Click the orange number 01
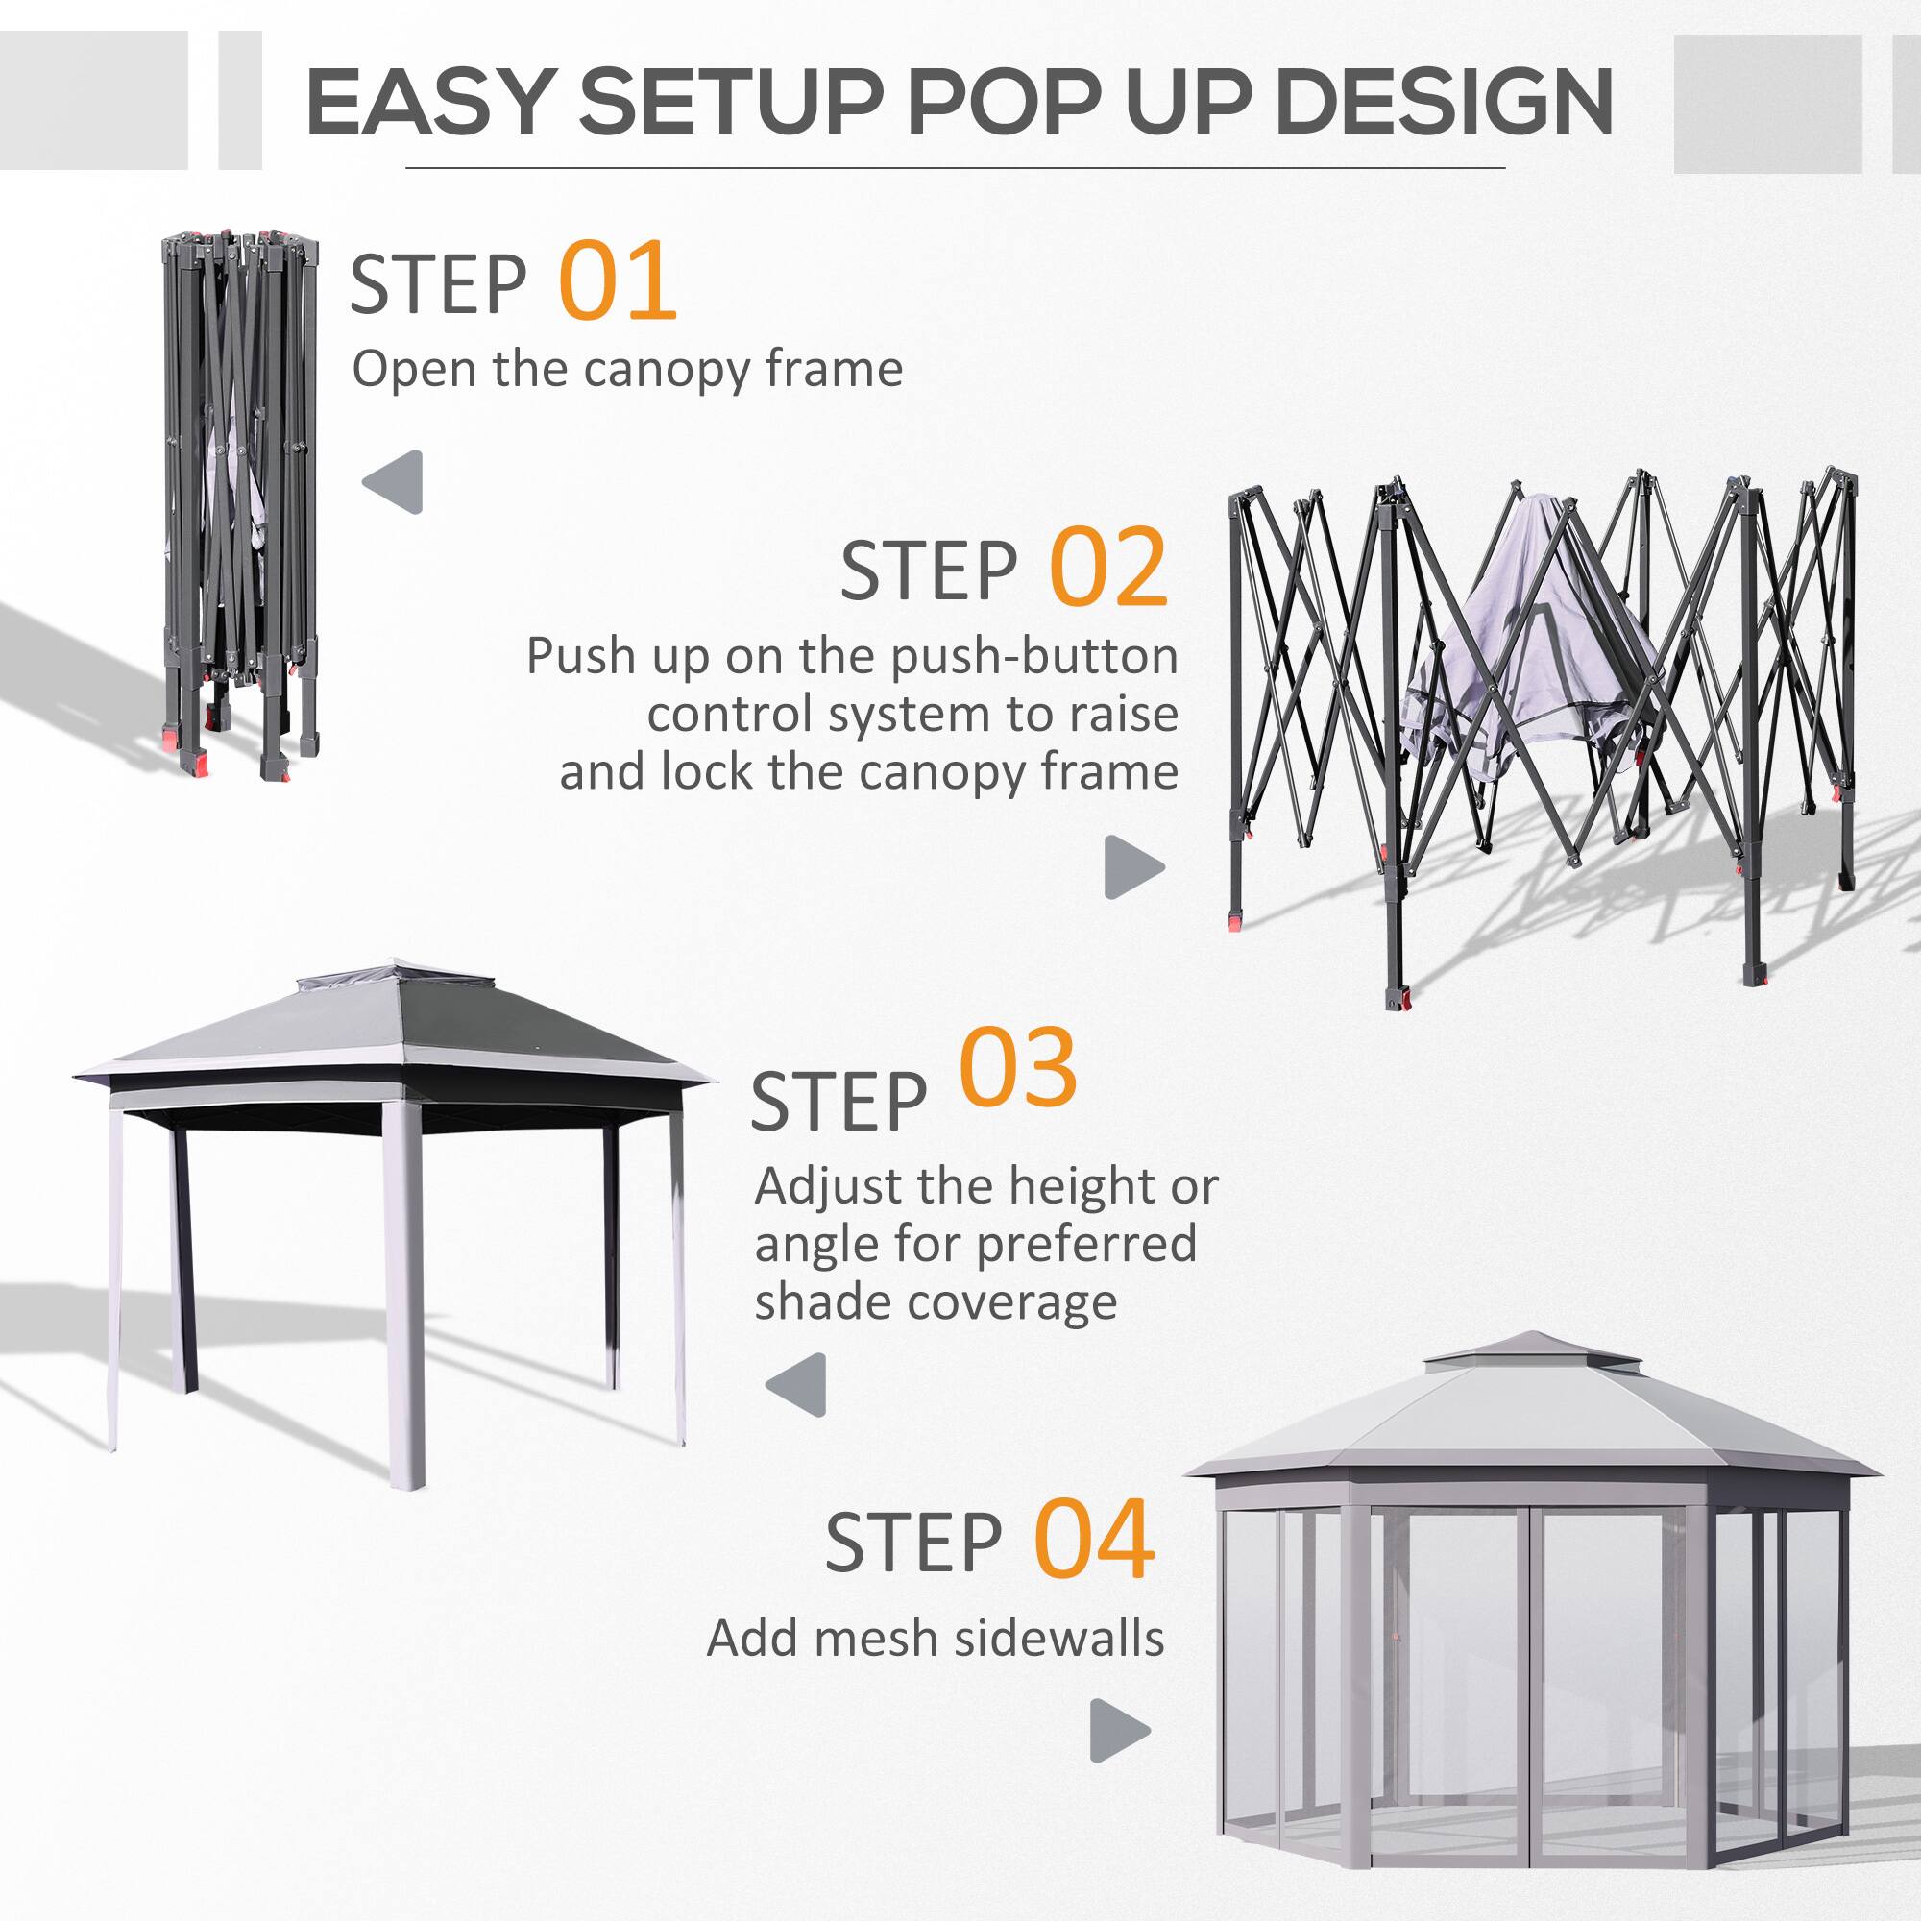(x=618, y=281)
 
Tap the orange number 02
(x=1107, y=568)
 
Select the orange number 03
(x=1017, y=1070)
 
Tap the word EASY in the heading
(x=428, y=103)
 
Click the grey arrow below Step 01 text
(x=394, y=482)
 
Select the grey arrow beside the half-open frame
(x=1132, y=866)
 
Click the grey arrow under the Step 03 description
(x=796, y=1384)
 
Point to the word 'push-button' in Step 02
(x=1033, y=657)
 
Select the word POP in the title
(x=1005, y=103)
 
